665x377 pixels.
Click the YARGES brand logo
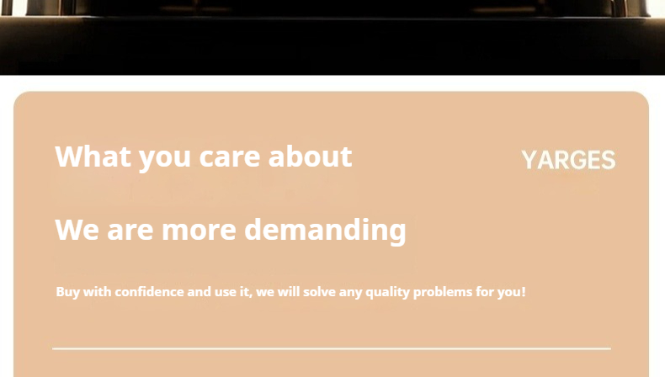(568, 160)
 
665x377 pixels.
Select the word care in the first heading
(230, 157)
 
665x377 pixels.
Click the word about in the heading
(310, 157)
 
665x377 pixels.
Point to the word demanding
(325, 231)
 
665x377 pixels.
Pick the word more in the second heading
(199, 231)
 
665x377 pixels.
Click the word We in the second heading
(77, 230)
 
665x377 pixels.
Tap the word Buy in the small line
(68, 292)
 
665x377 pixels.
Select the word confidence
(149, 292)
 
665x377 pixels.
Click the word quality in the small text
(387, 292)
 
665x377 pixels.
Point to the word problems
(442, 292)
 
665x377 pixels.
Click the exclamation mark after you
(524, 292)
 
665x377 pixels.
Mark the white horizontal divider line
(332, 349)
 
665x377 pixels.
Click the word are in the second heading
(130, 231)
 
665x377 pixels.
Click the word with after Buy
(97, 292)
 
